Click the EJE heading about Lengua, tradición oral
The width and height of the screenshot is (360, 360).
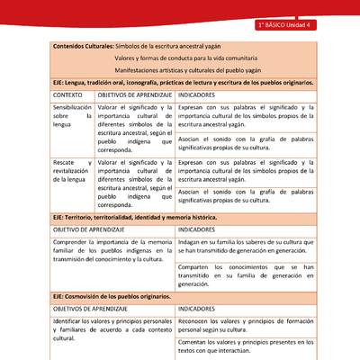click(x=184, y=82)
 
